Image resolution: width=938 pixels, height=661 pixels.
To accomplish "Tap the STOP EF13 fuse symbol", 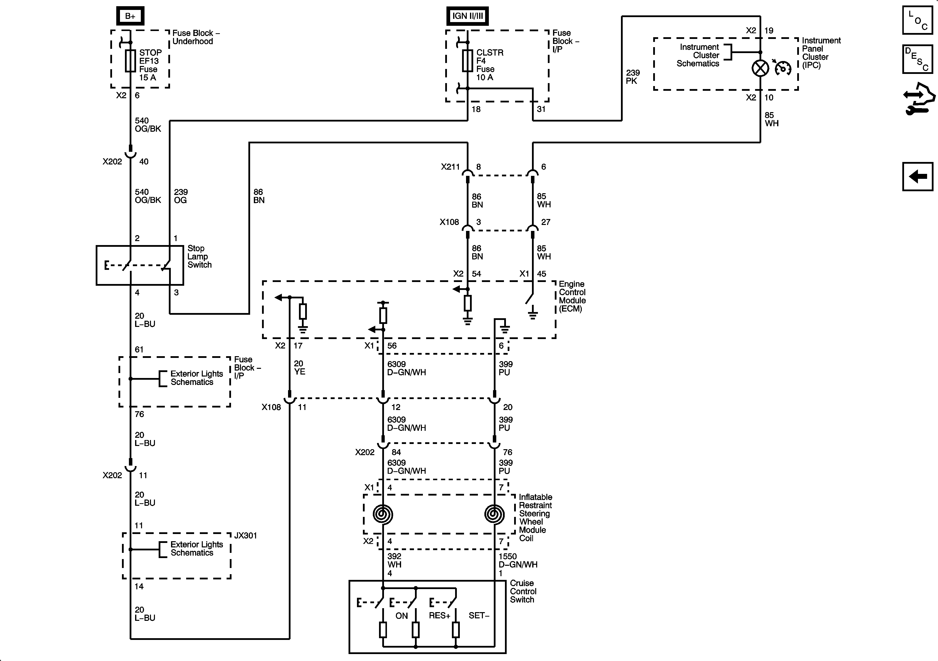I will point(130,61).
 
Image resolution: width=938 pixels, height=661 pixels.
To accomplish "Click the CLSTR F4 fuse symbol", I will point(467,61).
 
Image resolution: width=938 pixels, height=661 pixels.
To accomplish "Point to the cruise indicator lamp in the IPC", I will point(760,68).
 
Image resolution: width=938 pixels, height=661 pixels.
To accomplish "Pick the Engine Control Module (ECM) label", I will point(572,296).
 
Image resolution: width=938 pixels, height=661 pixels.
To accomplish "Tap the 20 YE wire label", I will point(299,368).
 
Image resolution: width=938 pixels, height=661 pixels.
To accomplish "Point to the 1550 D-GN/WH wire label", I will point(518,561).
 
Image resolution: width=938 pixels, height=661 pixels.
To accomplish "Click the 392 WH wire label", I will point(394,561).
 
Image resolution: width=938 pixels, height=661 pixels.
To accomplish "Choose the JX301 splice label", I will point(245,535).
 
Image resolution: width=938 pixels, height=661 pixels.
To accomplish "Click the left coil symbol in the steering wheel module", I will point(383,514).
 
